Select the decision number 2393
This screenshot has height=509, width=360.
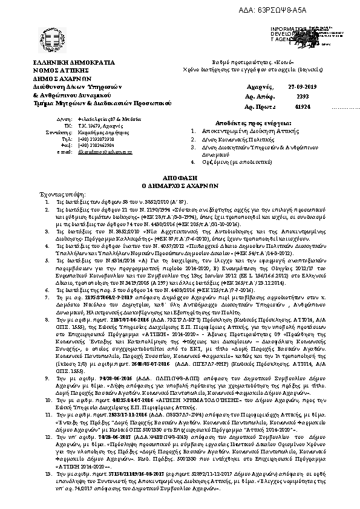tap(302, 96)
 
